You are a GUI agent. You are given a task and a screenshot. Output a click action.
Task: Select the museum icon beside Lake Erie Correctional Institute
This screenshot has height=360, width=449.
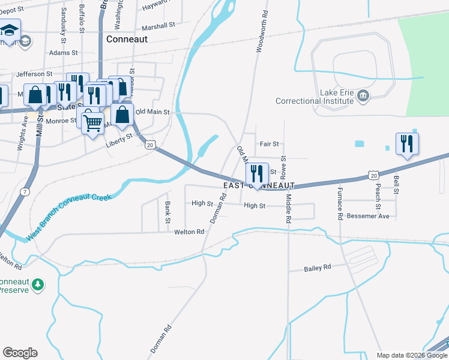(x=363, y=95)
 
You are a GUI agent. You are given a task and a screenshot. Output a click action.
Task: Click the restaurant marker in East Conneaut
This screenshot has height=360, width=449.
(x=257, y=175)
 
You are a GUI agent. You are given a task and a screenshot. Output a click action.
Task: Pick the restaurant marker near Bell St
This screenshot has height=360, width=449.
(x=407, y=144)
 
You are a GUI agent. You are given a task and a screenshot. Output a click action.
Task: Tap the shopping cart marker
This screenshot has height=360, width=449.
(x=92, y=124)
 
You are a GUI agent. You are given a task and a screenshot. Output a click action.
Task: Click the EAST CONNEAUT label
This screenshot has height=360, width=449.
(x=259, y=186)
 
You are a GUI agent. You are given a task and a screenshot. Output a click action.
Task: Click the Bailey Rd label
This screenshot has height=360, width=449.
(x=318, y=267)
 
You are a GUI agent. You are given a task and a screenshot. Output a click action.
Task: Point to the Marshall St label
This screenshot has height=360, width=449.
(x=158, y=26)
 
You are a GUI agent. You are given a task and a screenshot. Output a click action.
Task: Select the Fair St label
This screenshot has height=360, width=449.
(x=269, y=144)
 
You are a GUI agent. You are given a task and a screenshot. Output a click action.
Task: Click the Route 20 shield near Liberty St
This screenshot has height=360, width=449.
(x=150, y=145)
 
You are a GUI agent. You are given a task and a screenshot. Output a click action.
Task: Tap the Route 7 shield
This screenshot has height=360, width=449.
(x=25, y=191)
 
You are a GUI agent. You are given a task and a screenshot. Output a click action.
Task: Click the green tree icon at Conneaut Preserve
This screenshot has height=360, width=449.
(x=38, y=284)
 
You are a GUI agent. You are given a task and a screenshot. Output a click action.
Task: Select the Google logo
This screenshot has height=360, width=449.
(x=20, y=353)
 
